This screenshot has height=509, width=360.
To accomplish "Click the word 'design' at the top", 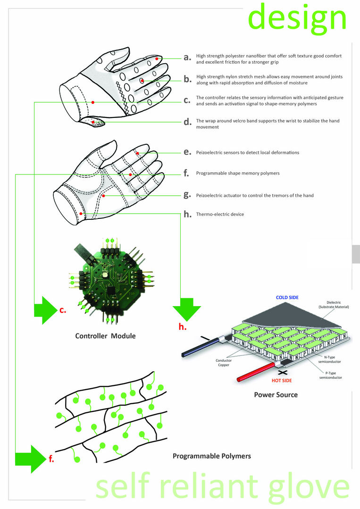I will point(297,18).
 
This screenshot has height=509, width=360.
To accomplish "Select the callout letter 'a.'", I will point(187,58).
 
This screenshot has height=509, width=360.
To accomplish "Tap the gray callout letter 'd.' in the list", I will point(187,122).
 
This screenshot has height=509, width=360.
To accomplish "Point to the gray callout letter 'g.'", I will point(187,194).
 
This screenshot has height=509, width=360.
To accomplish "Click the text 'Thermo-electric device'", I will point(220,214).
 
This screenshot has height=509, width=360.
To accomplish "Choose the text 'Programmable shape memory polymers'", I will point(238,173).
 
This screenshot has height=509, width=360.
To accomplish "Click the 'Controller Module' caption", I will point(105,336).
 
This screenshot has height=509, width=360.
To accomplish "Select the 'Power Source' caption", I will point(276,394).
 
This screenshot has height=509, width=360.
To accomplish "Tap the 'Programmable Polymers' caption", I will point(211,456).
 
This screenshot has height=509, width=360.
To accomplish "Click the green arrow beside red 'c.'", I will point(45,310).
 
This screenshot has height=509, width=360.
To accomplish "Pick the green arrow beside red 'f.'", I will point(30,459).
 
